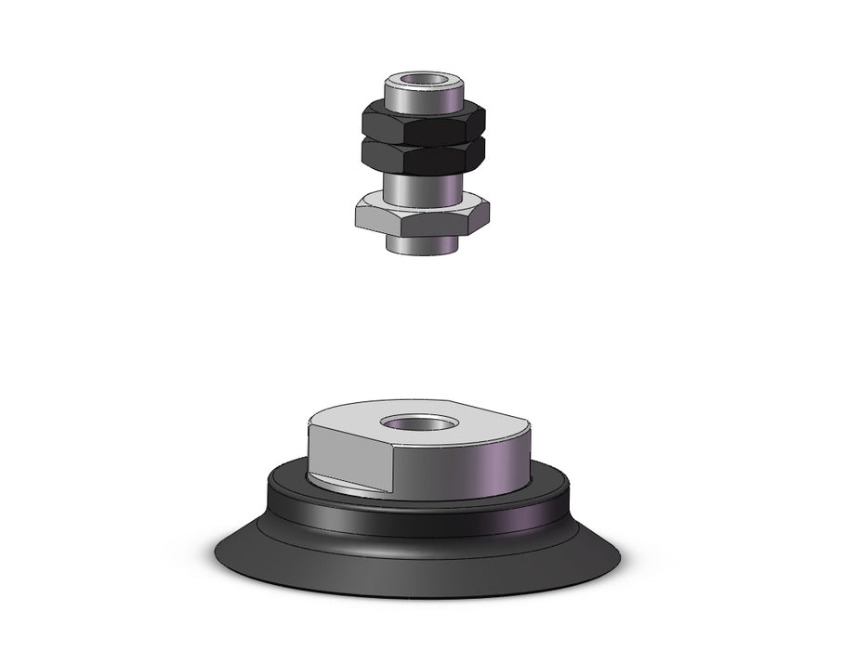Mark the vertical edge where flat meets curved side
(394, 469)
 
